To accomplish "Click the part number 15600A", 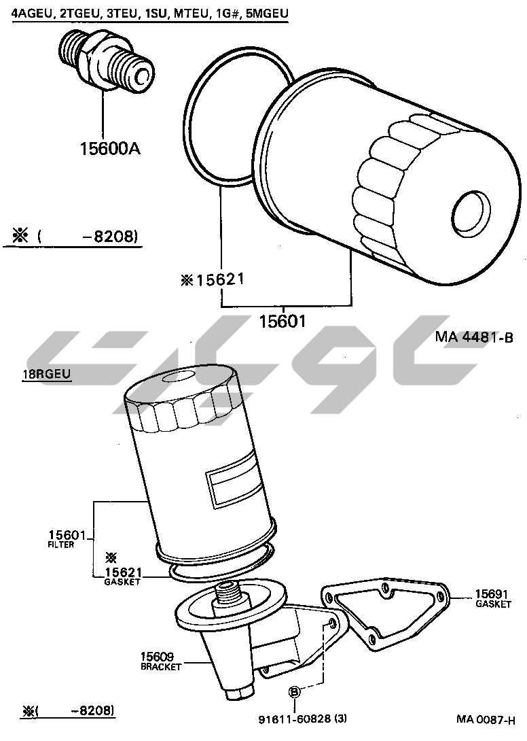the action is pos(110,148).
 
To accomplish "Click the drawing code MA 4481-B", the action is pos(473,337).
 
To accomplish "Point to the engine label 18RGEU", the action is pos(47,374).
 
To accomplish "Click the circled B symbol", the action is pos(294,692).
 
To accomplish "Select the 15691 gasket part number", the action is pos(491,594).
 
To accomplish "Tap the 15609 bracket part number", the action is pos(157,657).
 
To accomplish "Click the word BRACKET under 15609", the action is pos(161,667).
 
